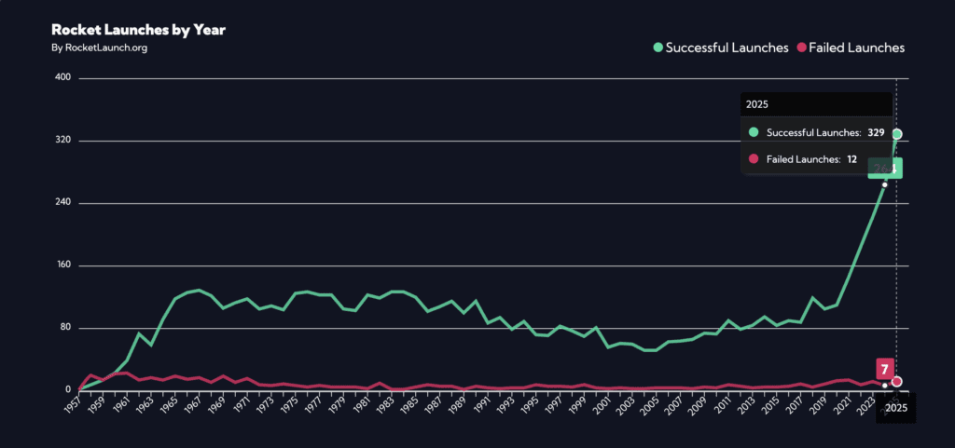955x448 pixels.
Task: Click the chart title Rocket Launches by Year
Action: click(x=138, y=30)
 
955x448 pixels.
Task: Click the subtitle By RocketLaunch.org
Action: click(x=99, y=48)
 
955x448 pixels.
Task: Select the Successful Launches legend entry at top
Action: click(x=721, y=48)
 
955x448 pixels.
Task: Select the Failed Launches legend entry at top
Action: click(x=851, y=48)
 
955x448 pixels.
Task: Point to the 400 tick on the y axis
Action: click(x=63, y=78)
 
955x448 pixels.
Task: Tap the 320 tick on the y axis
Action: click(x=63, y=141)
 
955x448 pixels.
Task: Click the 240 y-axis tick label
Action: click(x=63, y=203)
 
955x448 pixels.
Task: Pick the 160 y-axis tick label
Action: click(x=63, y=265)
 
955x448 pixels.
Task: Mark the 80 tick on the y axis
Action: click(x=65, y=328)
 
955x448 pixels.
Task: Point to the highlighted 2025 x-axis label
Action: click(x=896, y=407)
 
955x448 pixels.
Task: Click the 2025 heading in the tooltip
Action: click(x=757, y=105)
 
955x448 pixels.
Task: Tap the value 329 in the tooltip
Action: click(x=876, y=133)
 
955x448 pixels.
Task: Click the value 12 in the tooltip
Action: click(x=851, y=160)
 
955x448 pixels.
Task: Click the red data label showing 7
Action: click(x=884, y=368)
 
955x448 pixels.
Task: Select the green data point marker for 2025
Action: click(x=897, y=134)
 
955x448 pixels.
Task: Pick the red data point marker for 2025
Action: click(x=897, y=381)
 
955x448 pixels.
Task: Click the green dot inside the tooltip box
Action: click(x=754, y=133)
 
